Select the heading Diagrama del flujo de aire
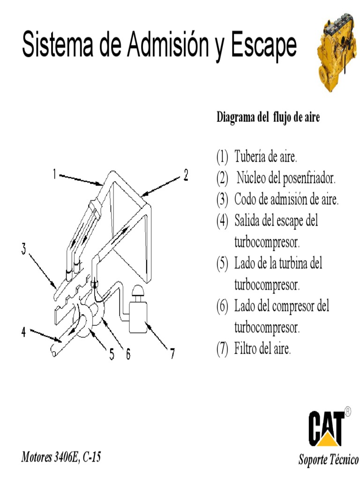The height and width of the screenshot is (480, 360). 268,118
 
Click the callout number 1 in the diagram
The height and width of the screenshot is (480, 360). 54,175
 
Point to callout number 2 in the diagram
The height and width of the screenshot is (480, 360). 186,175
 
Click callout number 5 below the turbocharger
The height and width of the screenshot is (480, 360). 112,354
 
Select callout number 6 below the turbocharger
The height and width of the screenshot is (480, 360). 127,354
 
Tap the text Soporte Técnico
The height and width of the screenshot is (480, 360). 328,459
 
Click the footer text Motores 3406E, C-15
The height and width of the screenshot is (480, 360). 61,457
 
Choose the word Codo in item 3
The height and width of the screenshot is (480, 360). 245,200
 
